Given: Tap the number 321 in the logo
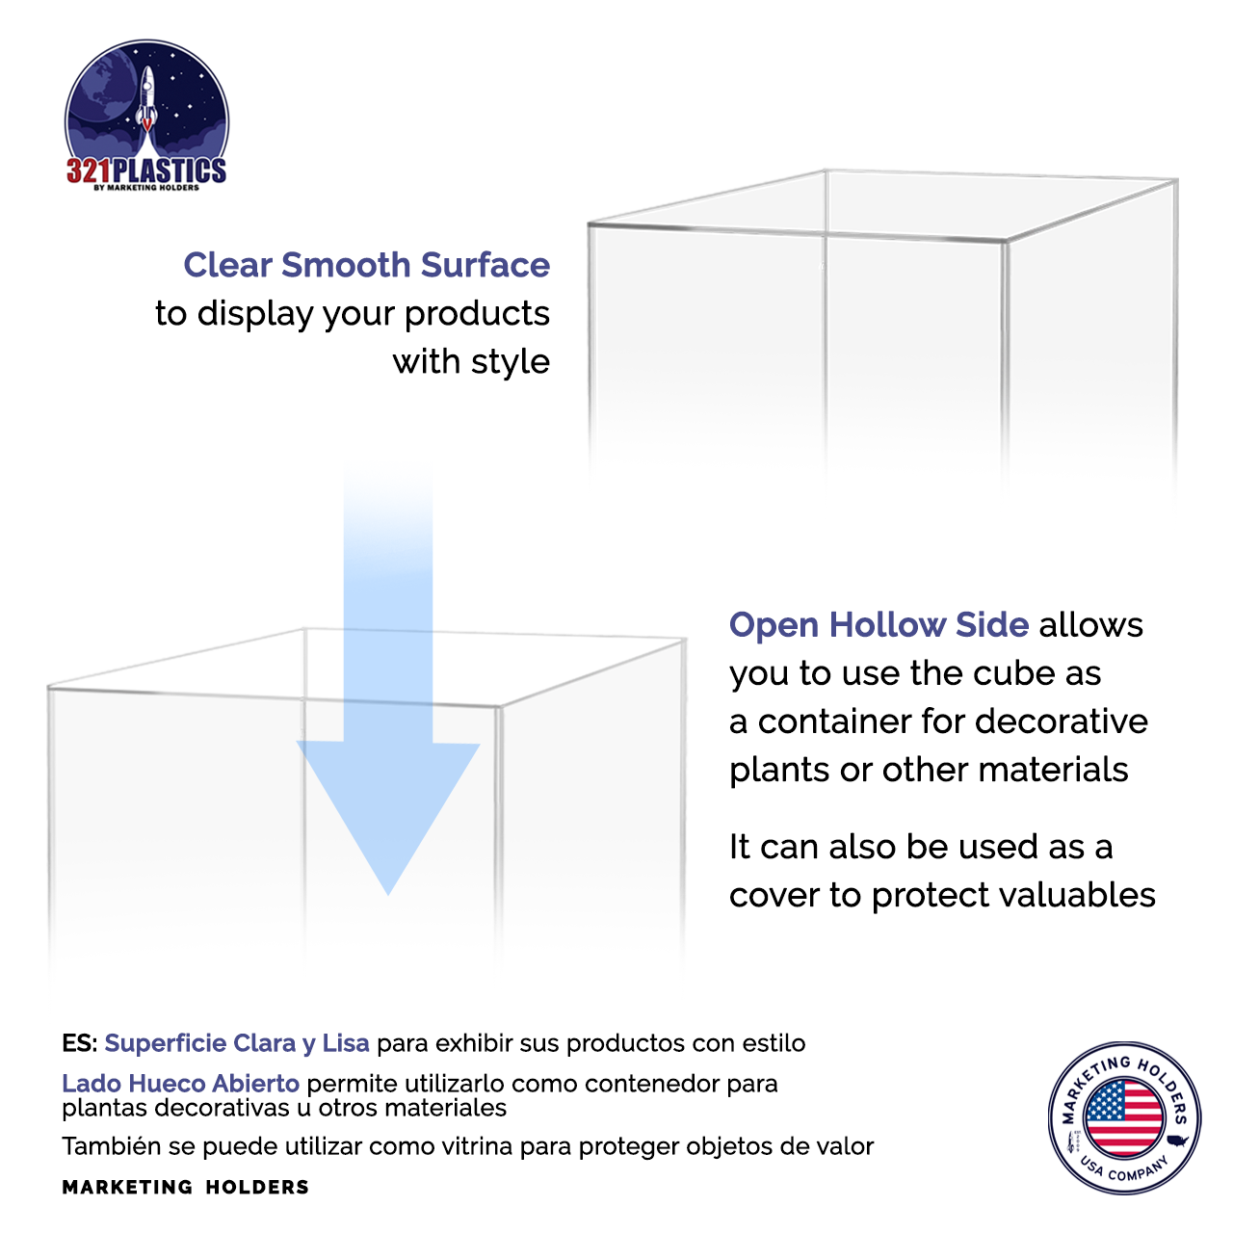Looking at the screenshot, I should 89,171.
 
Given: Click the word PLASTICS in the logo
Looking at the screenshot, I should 170,171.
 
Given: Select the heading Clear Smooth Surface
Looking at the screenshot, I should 366,265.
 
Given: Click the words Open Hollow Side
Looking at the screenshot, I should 879,625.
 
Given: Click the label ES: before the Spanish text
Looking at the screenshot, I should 79,1043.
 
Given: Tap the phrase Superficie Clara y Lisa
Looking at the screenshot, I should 237,1043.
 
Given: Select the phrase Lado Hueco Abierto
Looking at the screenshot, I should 180,1084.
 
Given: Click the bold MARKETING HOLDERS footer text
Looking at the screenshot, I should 185,1187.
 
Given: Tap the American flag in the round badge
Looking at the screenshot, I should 1123,1117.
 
